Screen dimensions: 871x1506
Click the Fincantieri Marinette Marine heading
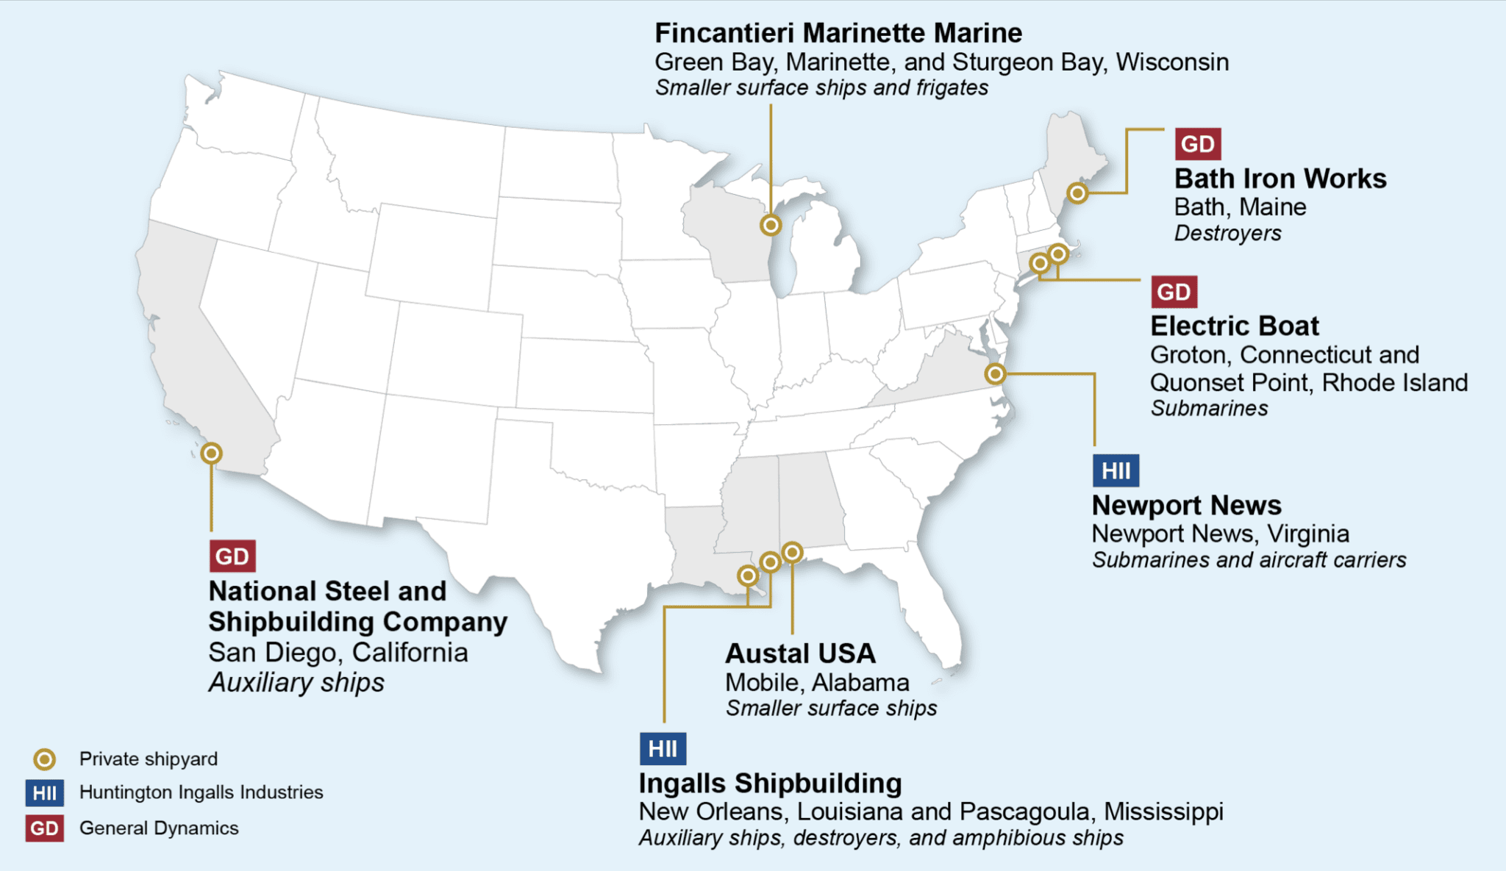point(838,33)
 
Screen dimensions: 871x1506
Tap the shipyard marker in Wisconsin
point(771,225)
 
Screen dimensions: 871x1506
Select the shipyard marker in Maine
point(1077,193)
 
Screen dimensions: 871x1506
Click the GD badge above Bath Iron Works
point(1197,144)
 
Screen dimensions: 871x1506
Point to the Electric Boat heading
point(1235,326)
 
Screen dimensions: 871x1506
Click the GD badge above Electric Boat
point(1174,292)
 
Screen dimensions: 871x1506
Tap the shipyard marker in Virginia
point(995,374)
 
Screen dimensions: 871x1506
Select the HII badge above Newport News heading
point(1116,470)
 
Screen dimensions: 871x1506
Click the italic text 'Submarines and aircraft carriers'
point(1249,560)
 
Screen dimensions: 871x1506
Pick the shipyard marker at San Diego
point(212,454)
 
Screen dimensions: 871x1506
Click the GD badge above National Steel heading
point(232,556)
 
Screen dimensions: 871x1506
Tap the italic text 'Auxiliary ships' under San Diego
point(296,683)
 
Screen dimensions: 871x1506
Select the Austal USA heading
point(800,653)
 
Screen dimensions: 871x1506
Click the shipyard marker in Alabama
point(792,552)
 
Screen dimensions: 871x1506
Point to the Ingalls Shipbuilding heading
point(770,784)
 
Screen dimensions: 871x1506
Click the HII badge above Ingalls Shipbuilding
point(663,749)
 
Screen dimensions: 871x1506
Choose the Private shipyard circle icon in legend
point(45,759)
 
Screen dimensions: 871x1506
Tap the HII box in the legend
point(44,793)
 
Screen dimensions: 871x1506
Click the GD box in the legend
point(44,828)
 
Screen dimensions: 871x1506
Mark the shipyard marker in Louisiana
point(748,576)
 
